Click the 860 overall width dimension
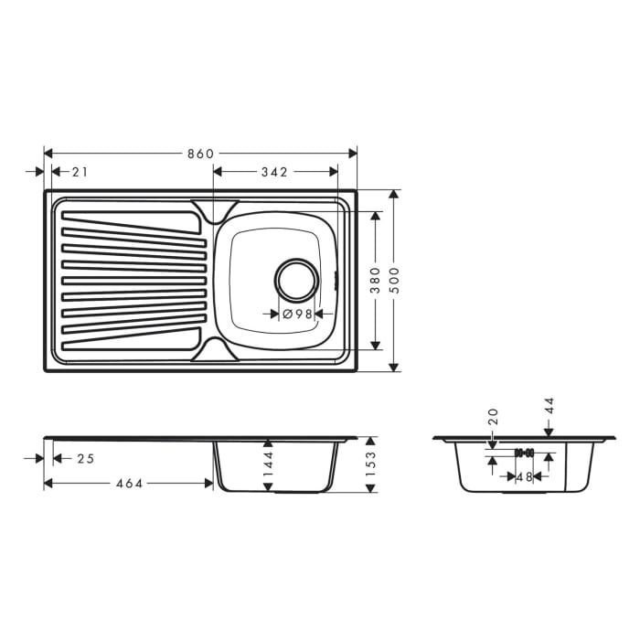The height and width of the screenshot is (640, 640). [200, 154]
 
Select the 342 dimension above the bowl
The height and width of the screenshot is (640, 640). [274, 172]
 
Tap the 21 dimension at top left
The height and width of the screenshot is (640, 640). [80, 172]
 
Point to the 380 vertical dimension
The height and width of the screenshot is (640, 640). [375, 280]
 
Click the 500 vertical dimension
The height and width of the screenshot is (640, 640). [394, 280]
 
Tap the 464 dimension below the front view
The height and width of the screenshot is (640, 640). [129, 483]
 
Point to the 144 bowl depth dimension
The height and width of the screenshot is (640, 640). [269, 465]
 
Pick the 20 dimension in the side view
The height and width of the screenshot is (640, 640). [493, 417]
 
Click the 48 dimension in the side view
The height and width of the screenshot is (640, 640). [523, 476]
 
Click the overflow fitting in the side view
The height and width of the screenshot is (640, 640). [523, 453]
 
